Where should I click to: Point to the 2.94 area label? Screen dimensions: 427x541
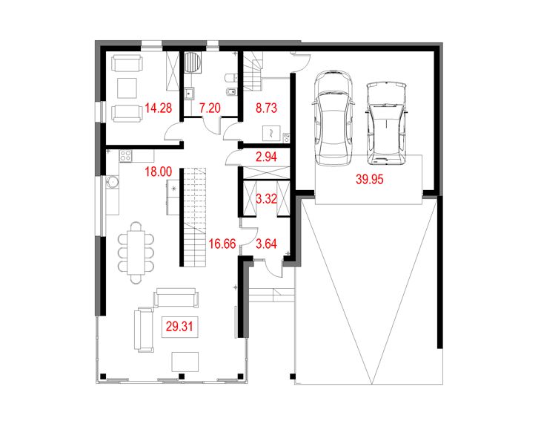pyautogui.click(x=267, y=157)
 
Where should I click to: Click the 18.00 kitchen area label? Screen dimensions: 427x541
pyautogui.click(x=158, y=171)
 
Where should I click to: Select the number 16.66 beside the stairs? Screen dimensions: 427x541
pyautogui.click(x=223, y=242)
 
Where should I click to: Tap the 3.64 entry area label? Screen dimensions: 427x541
pyautogui.click(x=267, y=242)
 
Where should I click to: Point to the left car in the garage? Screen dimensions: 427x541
pyautogui.click(x=331, y=120)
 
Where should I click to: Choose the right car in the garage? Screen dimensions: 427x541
pyautogui.click(x=387, y=123)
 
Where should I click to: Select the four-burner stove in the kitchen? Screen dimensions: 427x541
pyautogui.click(x=125, y=157)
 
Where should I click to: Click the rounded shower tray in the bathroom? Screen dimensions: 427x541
pyautogui.click(x=192, y=62)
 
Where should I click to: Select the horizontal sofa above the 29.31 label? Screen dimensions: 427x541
pyautogui.click(x=176, y=299)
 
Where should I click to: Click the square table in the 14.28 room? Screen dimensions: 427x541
pyautogui.click(x=126, y=88)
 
